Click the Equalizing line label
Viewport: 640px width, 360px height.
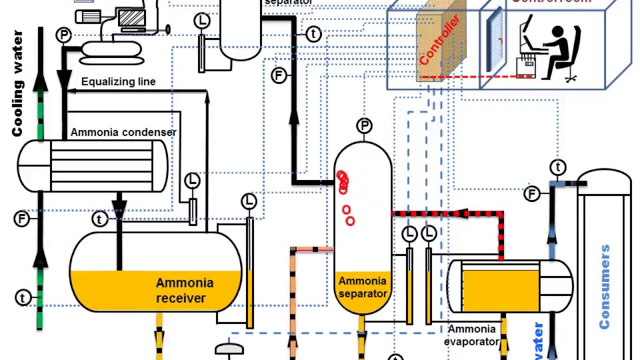pyautogui.click(x=118, y=81)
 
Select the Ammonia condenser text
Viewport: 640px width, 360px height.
pyautogui.click(x=123, y=132)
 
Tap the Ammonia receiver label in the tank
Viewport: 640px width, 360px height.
pyautogui.click(x=184, y=290)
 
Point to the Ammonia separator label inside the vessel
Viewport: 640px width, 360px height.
pyautogui.click(x=362, y=287)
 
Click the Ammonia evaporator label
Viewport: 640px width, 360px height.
pyautogui.click(x=471, y=335)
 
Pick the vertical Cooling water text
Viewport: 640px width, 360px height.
pyautogui.click(x=17, y=83)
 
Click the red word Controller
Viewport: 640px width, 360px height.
pyautogui.click(x=439, y=40)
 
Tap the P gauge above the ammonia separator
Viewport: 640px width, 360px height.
pyautogui.click(x=364, y=125)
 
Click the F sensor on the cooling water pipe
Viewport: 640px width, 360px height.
pyautogui.click(x=21, y=218)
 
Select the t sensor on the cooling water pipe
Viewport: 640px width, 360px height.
pyautogui.click(x=22, y=297)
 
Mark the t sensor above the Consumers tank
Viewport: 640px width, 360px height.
pyautogui.click(x=558, y=167)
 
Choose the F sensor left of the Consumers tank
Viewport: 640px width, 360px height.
pyautogui.click(x=532, y=193)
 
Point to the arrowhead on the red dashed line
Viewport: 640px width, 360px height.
pyautogui.click(x=463, y=213)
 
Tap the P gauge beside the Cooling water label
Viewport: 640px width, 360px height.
pyautogui.click(x=63, y=35)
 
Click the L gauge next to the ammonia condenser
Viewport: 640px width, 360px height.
pyautogui.click(x=192, y=180)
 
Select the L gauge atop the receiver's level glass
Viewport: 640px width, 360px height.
pyautogui.click(x=248, y=201)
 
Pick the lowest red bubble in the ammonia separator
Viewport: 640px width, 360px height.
pyautogui.click(x=350, y=221)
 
